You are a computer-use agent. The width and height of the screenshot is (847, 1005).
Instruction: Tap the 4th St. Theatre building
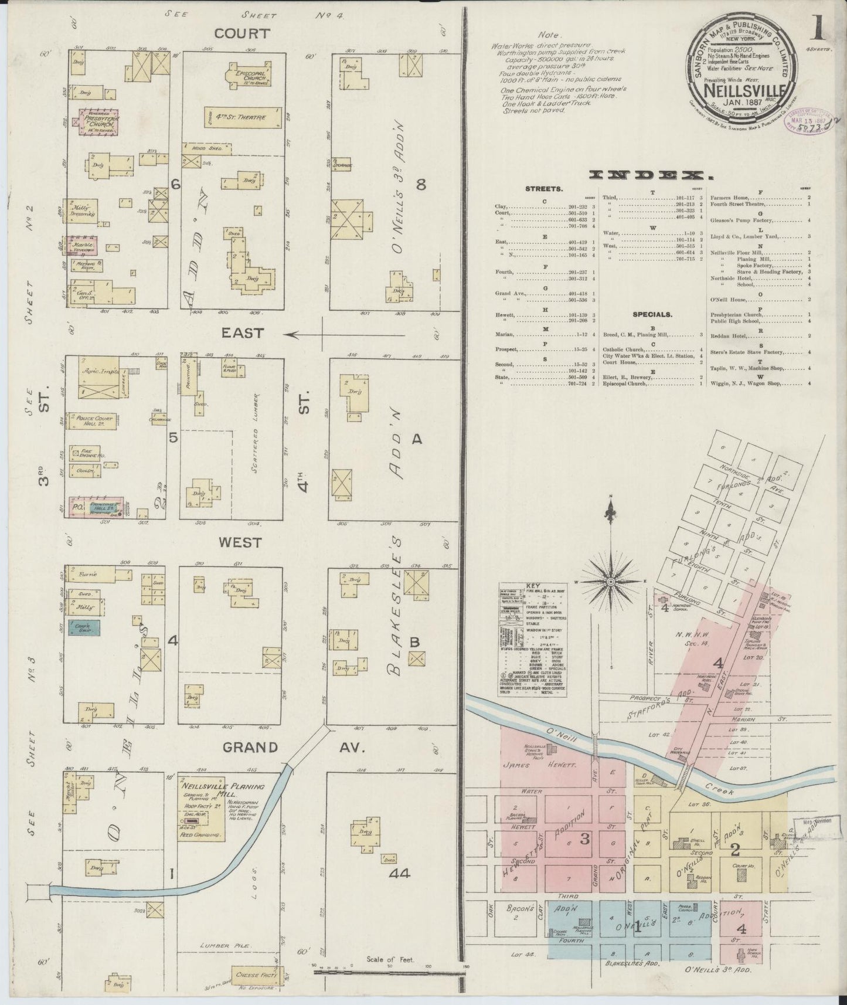pyautogui.click(x=243, y=117)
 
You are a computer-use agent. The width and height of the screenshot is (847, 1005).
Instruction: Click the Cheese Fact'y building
pyautogui.click(x=256, y=974)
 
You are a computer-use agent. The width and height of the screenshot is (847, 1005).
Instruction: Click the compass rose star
pyautogui.click(x=610, y=581)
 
